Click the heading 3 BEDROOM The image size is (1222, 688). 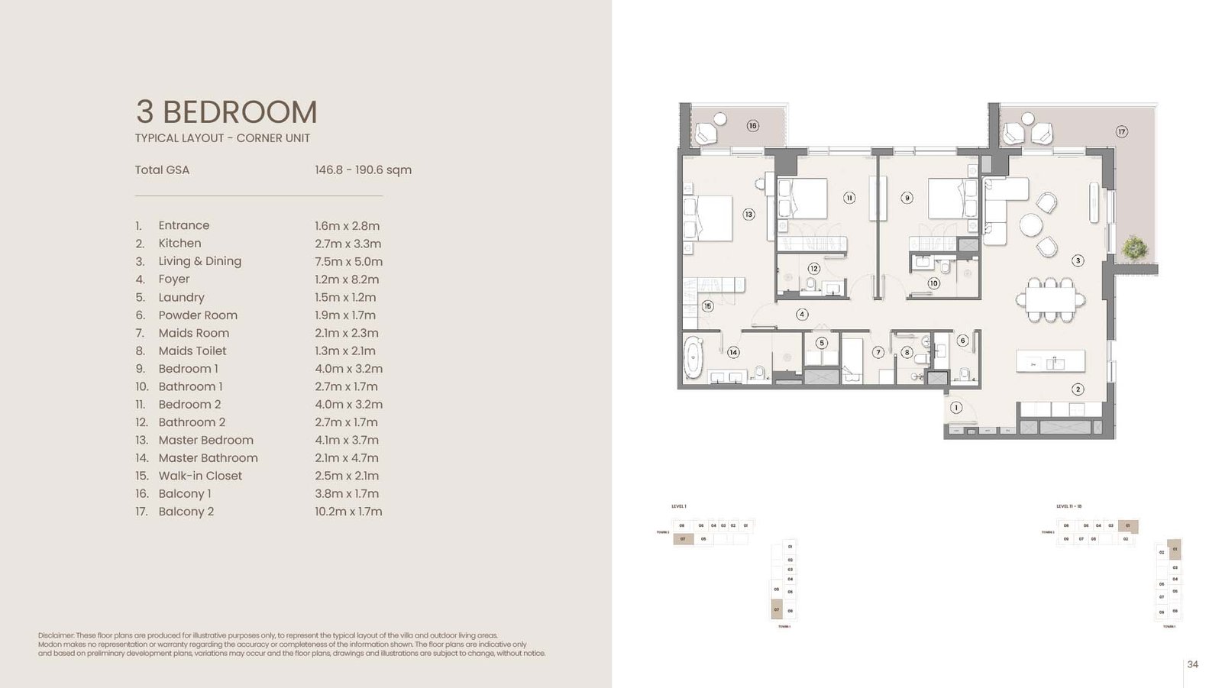pyautogui.click(x=226, y=111)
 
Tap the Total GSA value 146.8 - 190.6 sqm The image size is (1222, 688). pyautogui.click(x=363, y=170)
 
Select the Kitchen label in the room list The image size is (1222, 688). pyautogui.click(x=179, y=244)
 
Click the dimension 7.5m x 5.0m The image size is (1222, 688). pyautogui.click(x=348, y=261)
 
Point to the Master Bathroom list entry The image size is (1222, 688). pyautogui.click(x=208, y=458)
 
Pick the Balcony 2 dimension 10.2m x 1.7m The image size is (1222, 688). pyautogui.click(x=348, y=512)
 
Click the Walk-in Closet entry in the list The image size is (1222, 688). pyautogui.click(x=200, y=476)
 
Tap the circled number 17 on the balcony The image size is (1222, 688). pyautogui.click(x=1121, y=131)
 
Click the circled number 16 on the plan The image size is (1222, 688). pyautogui.click(x=752, y=125)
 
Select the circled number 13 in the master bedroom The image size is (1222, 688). pyautogui.click(x=748, y=215)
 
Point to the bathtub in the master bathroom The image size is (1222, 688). pyautogui.click(x=693, y=357)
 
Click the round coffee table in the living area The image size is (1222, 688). pyautogui.click(x=1030, y=225)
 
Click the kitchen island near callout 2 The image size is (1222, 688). pyautogui.click(x=1050, y=360)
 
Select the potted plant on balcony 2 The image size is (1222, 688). pyautogui.click(x=1135, y=247)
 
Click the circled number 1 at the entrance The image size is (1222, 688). pyautogui.click(x=955, y=408)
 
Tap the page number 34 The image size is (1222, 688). pyautogui.click(x=1192, y=664)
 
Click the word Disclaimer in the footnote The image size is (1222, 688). pyautogui.click(x=55, y=635)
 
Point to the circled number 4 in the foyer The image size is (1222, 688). pyautogui.click(x=801, y=314)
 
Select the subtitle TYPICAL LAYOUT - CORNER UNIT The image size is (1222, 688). pyautogui.click(x=222, y=138)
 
